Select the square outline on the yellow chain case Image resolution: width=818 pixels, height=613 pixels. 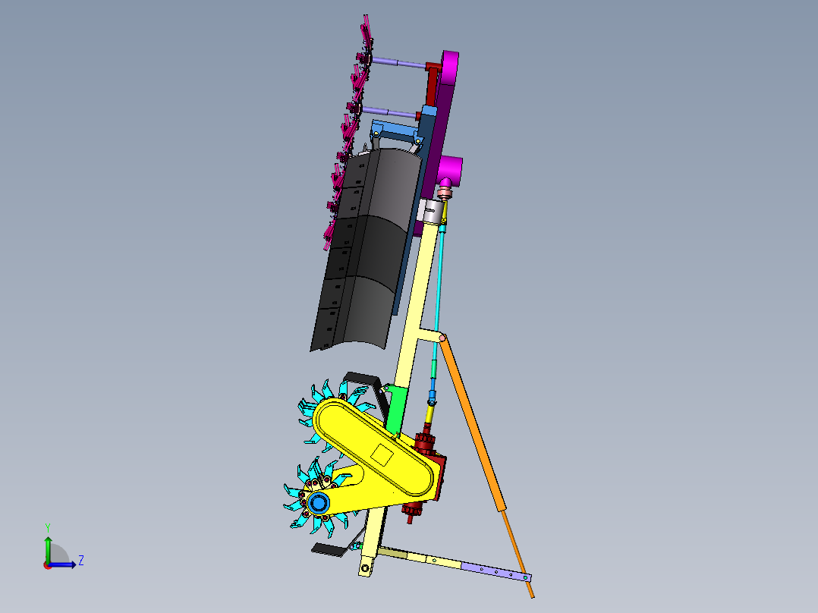(x=381, y=456)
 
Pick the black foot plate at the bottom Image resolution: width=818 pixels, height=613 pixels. (x=329, y=549)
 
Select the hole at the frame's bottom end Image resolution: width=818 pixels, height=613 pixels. (x=367, y=567)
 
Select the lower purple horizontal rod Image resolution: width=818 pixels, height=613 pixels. (x=390, y=112)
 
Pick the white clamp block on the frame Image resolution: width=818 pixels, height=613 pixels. (x=433, y=211)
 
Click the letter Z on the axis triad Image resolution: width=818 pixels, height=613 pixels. (x=81, y=561)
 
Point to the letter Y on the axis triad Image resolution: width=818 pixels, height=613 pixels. (x=47, y=527)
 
